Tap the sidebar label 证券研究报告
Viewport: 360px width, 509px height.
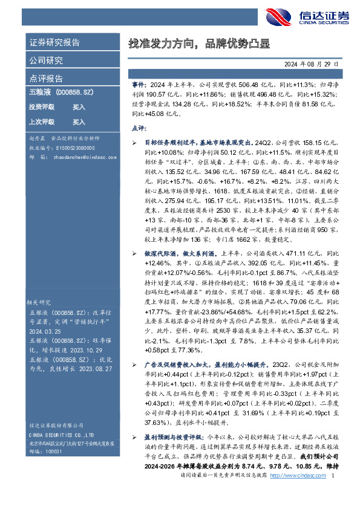[54, 43]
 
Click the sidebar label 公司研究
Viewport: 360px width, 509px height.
[46, 60]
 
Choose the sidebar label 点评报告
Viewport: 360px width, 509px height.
[46, 79]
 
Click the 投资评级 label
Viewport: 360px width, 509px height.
[42, 107]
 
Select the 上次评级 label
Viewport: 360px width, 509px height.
[42, 122]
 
